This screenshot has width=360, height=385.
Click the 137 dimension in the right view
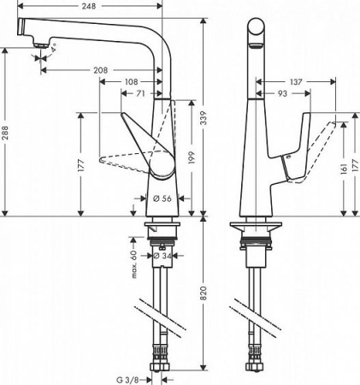tap(297, 81)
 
